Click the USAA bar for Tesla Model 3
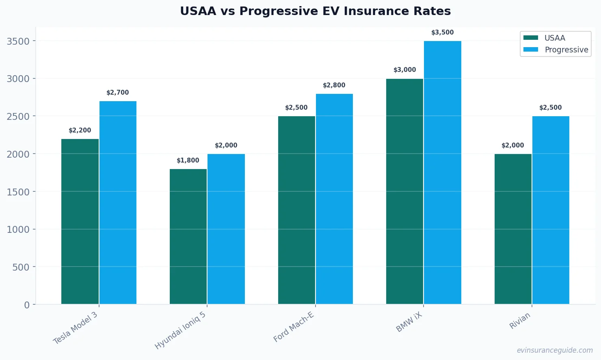tap(80, 221)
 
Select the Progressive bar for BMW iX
tap(443, 172)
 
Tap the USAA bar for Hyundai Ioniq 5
tap(188, 236)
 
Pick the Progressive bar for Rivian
tap(551, 210)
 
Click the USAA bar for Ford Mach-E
tap(296, 210)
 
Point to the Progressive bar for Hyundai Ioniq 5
tap(226, 229)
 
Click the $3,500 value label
tap(442, 33)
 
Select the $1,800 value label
tap(188, 160)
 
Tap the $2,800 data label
tap(334, 85)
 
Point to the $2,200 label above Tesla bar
tap(80, 130)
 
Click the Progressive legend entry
tap(566, 50)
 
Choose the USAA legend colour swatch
tap(530, 38)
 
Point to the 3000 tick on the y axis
tap(18, 79)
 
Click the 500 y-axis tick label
tap(22, 267)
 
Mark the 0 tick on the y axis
tap(27, 305)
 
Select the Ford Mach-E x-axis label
tap(294, 327)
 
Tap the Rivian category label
tap(520, 321)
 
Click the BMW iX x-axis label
tap(409, 323)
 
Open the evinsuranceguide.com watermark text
tap(554, 350)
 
